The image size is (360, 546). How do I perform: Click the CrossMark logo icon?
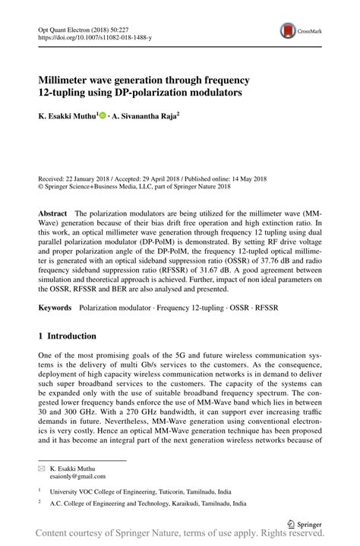coord(289,30)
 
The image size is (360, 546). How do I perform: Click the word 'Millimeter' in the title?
coord(68,79)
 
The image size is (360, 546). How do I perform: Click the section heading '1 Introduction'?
coord(67,336)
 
